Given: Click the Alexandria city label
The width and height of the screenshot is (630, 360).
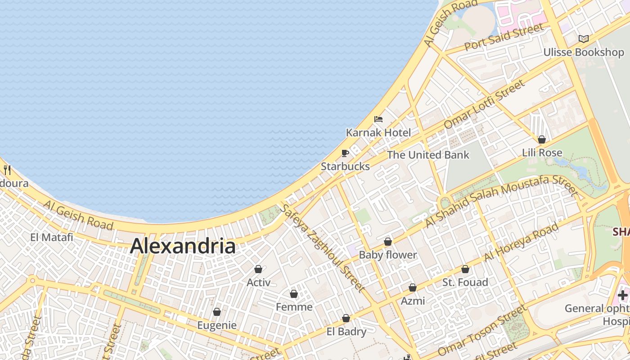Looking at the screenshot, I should (183, 246).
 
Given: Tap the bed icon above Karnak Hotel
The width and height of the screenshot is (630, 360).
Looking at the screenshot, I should (378, 119).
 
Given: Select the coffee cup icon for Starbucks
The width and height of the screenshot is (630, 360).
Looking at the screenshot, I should (345, 153).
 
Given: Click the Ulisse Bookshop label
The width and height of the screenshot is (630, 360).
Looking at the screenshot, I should (584, 52).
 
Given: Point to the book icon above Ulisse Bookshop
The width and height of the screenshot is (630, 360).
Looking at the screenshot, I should (584, 39).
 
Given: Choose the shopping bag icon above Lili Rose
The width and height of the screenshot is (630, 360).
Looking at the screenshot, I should (542, 139).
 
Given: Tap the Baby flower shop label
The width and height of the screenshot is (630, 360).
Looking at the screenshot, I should (387, 255).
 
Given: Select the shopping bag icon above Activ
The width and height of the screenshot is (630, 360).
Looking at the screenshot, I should (258, 269).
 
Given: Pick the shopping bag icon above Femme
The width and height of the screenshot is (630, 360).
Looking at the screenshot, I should (294, 294).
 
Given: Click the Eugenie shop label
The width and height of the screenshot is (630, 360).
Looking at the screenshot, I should (217, 325).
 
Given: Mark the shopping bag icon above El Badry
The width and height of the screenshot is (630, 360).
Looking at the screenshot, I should (346, 318).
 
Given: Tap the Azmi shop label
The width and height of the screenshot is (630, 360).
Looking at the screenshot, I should (413, 301).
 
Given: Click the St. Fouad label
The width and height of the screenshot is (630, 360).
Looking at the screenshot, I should (465, 282).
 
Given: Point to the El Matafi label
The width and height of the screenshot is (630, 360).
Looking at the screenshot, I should (52, 237).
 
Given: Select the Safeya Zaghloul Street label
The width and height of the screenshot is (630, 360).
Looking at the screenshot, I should (322, 247).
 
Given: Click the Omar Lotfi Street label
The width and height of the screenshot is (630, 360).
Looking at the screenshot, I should (484, 104).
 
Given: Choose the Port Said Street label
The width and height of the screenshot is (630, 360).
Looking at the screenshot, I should (504, 37).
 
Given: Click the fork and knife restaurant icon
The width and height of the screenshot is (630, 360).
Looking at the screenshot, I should (7, 170).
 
